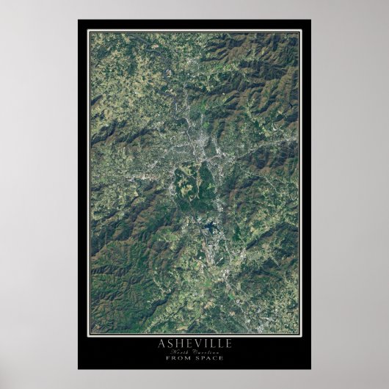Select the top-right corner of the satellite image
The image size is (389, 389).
(299, 33)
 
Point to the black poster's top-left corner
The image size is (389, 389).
(78, 20)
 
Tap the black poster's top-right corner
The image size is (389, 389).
(310, 20)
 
